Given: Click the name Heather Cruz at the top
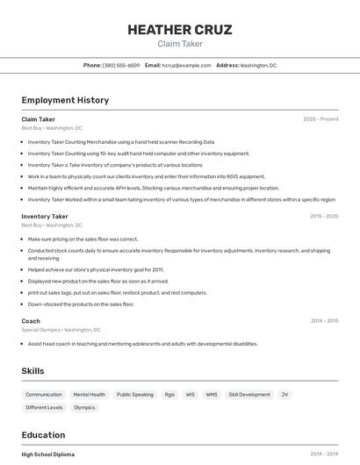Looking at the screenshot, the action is click(179, 30).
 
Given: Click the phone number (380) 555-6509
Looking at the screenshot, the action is click(120, 65).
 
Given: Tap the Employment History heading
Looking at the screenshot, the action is click(65, 100).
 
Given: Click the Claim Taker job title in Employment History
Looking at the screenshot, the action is click(38, 119).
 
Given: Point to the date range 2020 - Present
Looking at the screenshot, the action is click(320, 119).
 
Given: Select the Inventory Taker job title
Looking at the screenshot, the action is click(45, 216).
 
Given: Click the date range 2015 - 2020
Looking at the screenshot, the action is click(323, 216).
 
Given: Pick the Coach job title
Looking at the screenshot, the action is click(31, 321).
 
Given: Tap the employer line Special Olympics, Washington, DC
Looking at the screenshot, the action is click(61, 330).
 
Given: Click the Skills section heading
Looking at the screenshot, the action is click(33, 371).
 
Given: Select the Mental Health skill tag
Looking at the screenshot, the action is click(90, 395).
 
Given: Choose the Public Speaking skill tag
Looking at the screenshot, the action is click(135, 395).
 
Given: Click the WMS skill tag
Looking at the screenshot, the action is click(212, 395).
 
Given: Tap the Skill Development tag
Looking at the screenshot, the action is click(249, 395).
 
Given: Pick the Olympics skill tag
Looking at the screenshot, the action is click(84, 407).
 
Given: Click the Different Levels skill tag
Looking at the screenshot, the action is click(44, 407).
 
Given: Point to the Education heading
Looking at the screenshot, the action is click(43, 435).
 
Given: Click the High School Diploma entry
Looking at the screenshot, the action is click(48, 454).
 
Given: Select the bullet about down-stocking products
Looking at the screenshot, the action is click(81, 304).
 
